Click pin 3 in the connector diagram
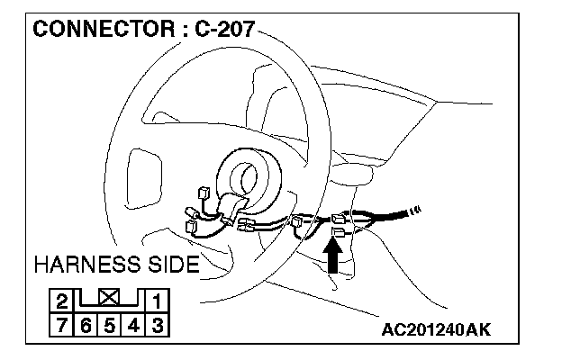pos(156,322)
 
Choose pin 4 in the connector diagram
pos(132,322)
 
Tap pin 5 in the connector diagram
pos(109,322)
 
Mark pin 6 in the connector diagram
pos(86,322)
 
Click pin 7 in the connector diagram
pos(62,322)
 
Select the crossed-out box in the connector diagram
pos(109,296)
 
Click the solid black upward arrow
pos(332,257)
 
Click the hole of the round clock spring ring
pos(247,173)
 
